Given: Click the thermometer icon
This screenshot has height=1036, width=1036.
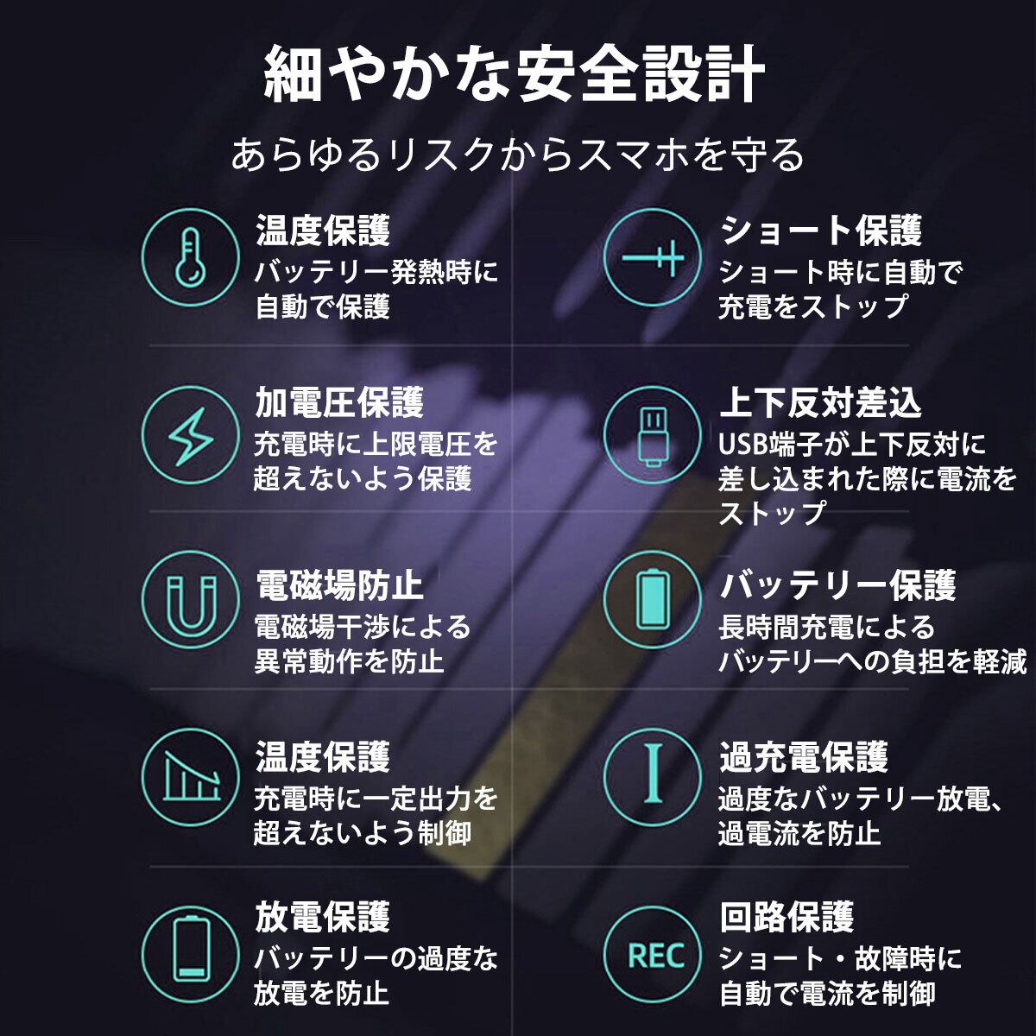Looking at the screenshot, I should click(x=190, y=256).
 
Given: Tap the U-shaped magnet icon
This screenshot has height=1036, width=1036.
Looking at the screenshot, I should click(x=190, y=600).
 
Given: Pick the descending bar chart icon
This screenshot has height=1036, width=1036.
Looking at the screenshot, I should click(x=190, y=776).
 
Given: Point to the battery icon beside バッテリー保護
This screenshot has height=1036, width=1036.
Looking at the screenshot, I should click(x=652, y=600).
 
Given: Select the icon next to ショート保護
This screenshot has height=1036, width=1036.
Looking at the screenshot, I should click(x=652, y=256).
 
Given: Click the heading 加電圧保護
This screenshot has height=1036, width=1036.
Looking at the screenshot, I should click(x=339, y=403).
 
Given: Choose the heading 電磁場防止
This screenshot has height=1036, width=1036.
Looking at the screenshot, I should click(x=339, y=585).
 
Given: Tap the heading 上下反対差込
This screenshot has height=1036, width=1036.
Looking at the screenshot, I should click(x=820, y=403).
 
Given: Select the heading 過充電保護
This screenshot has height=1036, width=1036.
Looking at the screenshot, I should click(x=804, y=757).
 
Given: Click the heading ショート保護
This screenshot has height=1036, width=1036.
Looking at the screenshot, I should click(x=821, y=231).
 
